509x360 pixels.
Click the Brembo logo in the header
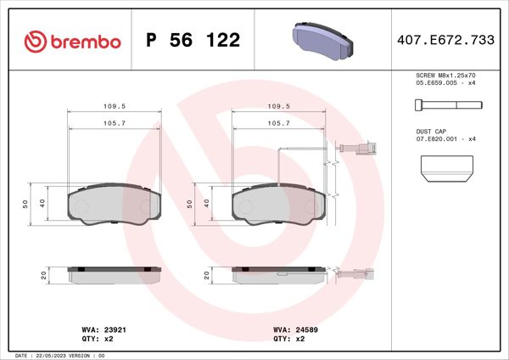pos(72,40)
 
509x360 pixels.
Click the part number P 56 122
pos(193,41)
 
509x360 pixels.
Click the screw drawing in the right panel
pos(446,104)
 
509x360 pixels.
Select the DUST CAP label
pos(431,131)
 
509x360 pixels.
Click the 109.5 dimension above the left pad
pos(115,106)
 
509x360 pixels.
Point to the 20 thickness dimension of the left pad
pos(43,275)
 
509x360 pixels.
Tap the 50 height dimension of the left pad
pos(26,204)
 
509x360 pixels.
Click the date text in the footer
pos(59,355)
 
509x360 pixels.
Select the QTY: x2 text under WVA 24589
pos(285,338)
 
